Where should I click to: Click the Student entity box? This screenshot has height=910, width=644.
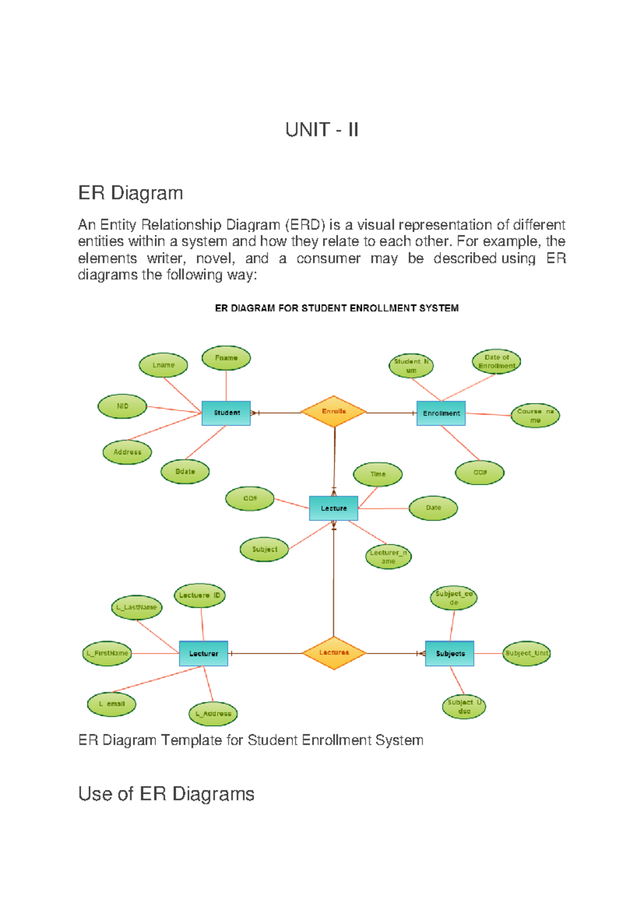[x=226, y=413]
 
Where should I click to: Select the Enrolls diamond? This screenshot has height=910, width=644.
[x=333, y=412]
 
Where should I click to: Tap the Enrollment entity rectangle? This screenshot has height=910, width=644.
[x=441, y=413]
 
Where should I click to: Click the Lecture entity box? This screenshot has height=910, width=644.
[x=333, y=508]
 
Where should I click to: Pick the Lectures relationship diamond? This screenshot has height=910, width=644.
[x=334, y=653]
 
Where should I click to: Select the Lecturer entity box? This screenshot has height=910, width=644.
[x=203, y=654]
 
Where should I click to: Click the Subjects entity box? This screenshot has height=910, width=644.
[x=450, y=654]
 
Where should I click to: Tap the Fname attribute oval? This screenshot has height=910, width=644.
[x=226, y=358]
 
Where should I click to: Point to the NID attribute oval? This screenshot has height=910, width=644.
[x=122, y=406]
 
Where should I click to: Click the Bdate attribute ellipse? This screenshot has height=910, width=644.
[x=185, y=472]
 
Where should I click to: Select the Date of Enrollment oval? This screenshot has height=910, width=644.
[x=496, y=362]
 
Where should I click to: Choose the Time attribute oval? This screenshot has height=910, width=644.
[x=378, y=474]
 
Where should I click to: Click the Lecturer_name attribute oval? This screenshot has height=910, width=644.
[x=389, y=557]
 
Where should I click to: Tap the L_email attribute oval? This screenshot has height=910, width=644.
[x=112, y=704]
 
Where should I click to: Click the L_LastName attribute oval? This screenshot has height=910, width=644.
[x=137, y=607]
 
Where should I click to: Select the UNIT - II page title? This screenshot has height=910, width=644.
[x=321, y=130]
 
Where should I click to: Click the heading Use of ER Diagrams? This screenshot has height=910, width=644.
[x=166, y=794]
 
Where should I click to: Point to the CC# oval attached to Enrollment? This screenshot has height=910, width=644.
[x=480, y=473]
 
